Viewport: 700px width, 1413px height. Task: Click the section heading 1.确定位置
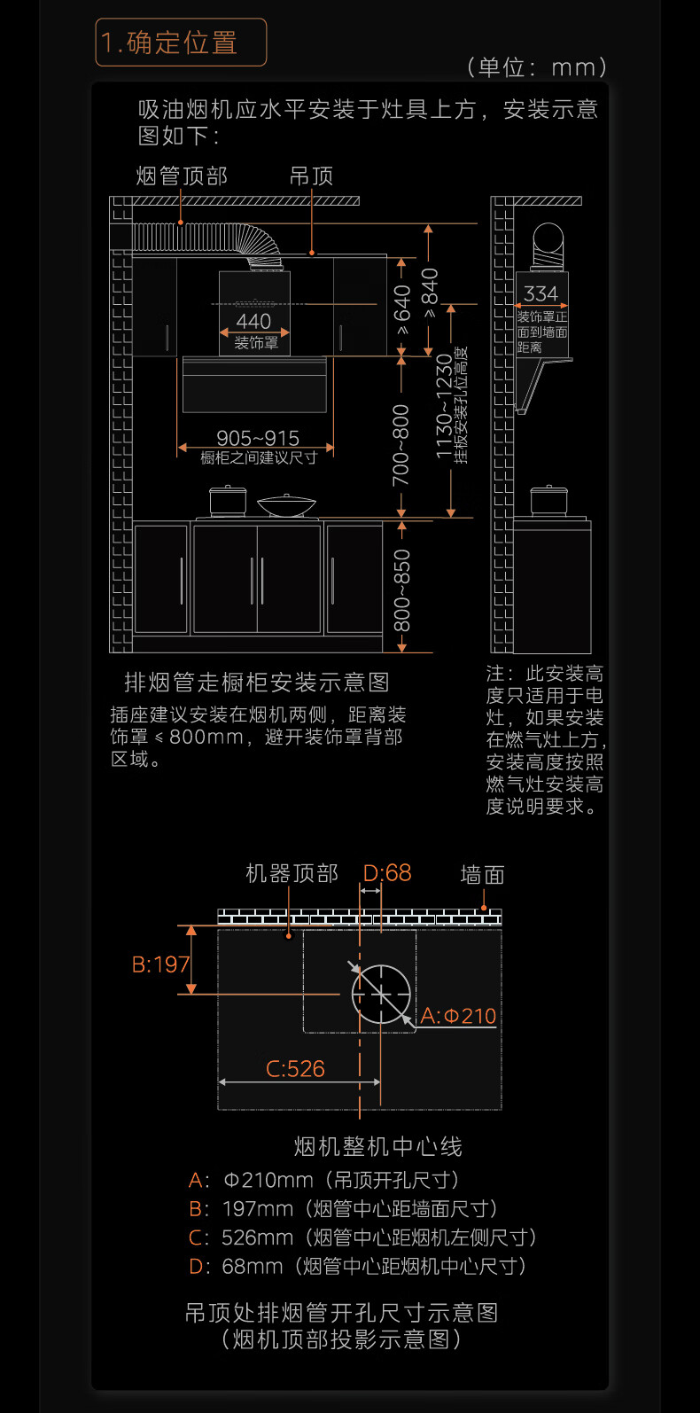point(169,43)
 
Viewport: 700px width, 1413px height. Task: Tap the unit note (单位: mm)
point(537,66)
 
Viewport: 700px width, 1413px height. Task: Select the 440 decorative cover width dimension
point(253,321)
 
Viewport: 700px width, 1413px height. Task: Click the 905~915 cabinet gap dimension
point(258,438)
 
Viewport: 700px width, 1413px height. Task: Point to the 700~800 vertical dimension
point(401,445)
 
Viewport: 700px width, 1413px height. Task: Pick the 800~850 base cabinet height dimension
point(401,590)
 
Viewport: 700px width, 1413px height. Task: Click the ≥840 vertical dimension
point(430,293)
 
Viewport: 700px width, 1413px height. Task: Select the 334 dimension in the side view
point(541,293)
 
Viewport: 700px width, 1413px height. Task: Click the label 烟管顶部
point(182,176)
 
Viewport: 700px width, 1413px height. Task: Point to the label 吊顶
point(311,176)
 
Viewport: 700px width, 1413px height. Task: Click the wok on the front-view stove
point(286,504)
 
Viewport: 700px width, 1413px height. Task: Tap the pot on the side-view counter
point(548,500)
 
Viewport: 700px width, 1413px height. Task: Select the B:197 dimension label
point(160,964)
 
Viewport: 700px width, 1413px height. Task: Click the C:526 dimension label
point(295,1068)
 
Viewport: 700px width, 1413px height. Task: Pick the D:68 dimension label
point(387,872)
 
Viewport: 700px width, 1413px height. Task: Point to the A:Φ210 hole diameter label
point(458,1016)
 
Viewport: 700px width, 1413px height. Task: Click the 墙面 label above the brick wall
point(482,875)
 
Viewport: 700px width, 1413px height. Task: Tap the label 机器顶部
point(292,873)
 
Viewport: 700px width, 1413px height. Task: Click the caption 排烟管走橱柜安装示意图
point(257,682)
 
